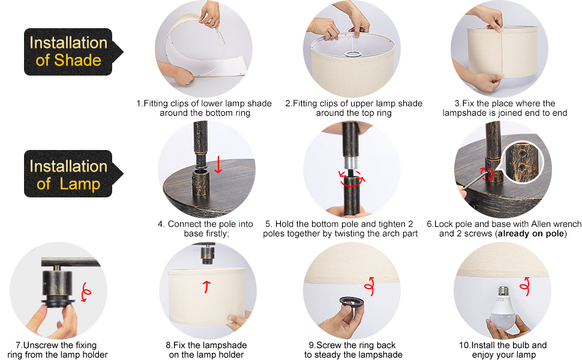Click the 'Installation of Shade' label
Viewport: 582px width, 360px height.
coord(68,52)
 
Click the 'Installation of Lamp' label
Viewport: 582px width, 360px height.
coord(68,175)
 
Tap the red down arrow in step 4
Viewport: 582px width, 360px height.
coord(218,164)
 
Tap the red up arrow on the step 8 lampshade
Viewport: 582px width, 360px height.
coord(208,286)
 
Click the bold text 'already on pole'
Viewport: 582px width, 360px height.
coord(531,233)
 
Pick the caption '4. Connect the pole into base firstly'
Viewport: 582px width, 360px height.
coord(206,229)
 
